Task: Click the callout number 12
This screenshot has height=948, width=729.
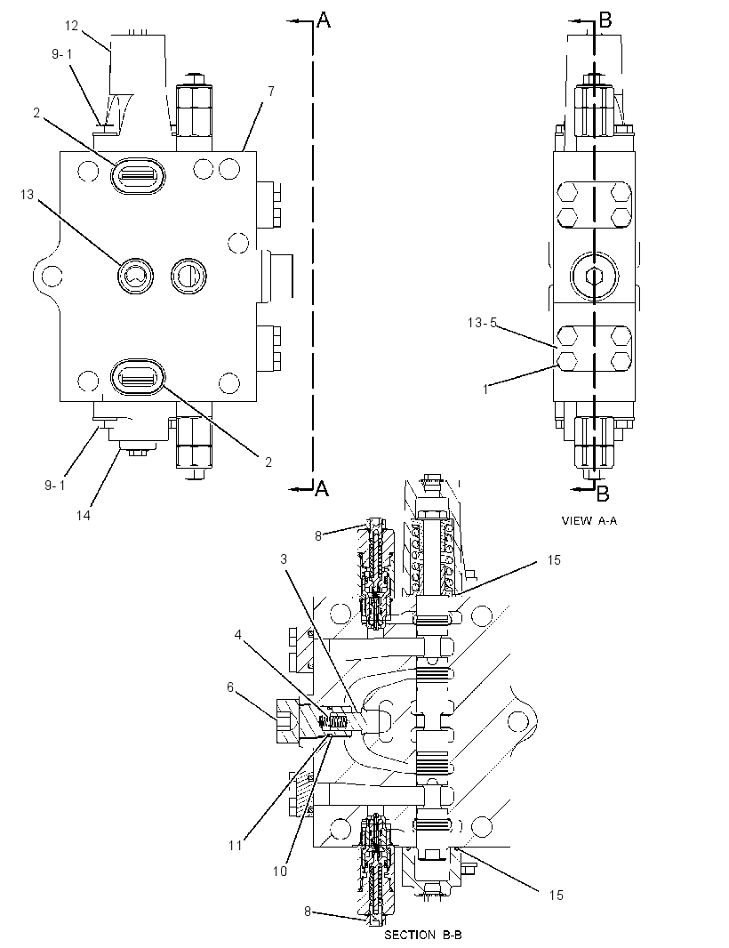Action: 72,26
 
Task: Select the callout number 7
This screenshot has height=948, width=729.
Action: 271,92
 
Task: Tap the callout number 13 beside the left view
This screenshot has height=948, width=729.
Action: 28,195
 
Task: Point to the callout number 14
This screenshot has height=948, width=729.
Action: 84,515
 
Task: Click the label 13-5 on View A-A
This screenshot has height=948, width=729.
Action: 482,323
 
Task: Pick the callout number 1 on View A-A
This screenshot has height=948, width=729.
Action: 485,390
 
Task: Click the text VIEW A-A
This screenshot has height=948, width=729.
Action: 589,520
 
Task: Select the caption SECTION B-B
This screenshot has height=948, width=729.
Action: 423,935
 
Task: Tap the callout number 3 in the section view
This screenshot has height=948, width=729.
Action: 284,559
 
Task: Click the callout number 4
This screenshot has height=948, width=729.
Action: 238,635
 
